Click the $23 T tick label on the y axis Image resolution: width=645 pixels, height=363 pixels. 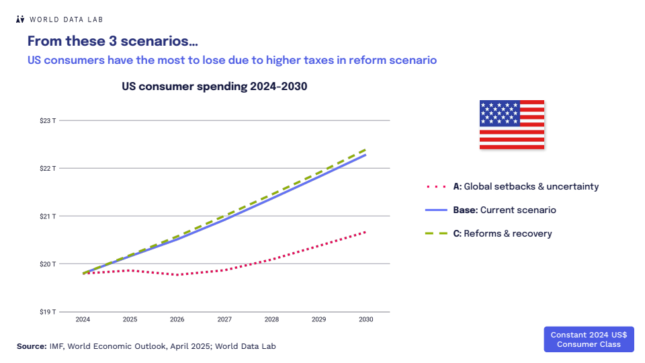click(48, 121)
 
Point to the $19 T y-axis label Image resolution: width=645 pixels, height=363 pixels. click(48, 312)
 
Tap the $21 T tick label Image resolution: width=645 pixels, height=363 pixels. click(48, 216)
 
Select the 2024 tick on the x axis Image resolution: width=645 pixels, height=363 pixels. click(83, 319)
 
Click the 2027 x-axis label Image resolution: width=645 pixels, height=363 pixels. click(224, 319)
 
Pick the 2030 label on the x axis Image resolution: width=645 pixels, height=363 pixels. click(366, 319)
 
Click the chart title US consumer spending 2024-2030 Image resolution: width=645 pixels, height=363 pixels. click(214, 87)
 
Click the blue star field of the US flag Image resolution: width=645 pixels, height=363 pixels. click(499, 113)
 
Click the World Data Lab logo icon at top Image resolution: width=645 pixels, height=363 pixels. click(20, 19)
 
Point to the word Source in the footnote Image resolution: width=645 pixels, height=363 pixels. click(32, 346)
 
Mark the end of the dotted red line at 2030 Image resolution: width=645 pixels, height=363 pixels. click(365, 232)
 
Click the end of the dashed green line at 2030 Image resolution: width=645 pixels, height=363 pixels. click(365, 149)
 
